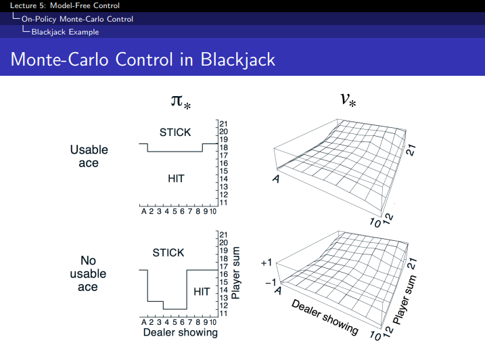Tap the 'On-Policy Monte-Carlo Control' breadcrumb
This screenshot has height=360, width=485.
coord(77,18)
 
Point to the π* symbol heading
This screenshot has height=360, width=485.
coord(181,102)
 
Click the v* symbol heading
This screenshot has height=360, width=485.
coord(349,101)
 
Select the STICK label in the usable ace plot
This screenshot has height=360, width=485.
coord(175,133)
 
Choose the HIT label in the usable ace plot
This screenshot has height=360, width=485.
coord(176,178)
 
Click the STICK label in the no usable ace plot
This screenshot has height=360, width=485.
coord(168,252)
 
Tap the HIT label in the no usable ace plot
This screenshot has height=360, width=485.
coord(202,292)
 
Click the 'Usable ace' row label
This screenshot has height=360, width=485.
coord(89,156)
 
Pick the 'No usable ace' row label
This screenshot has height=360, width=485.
coord(89,273)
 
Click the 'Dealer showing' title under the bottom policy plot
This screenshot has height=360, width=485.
coord(181,332)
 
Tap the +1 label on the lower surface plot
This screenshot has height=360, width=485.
coord(266,262)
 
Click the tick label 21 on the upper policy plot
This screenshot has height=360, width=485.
coord(223,124)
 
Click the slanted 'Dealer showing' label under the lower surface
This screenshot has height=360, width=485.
coord(325,315)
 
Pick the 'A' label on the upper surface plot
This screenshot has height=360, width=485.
coord(276,179)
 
